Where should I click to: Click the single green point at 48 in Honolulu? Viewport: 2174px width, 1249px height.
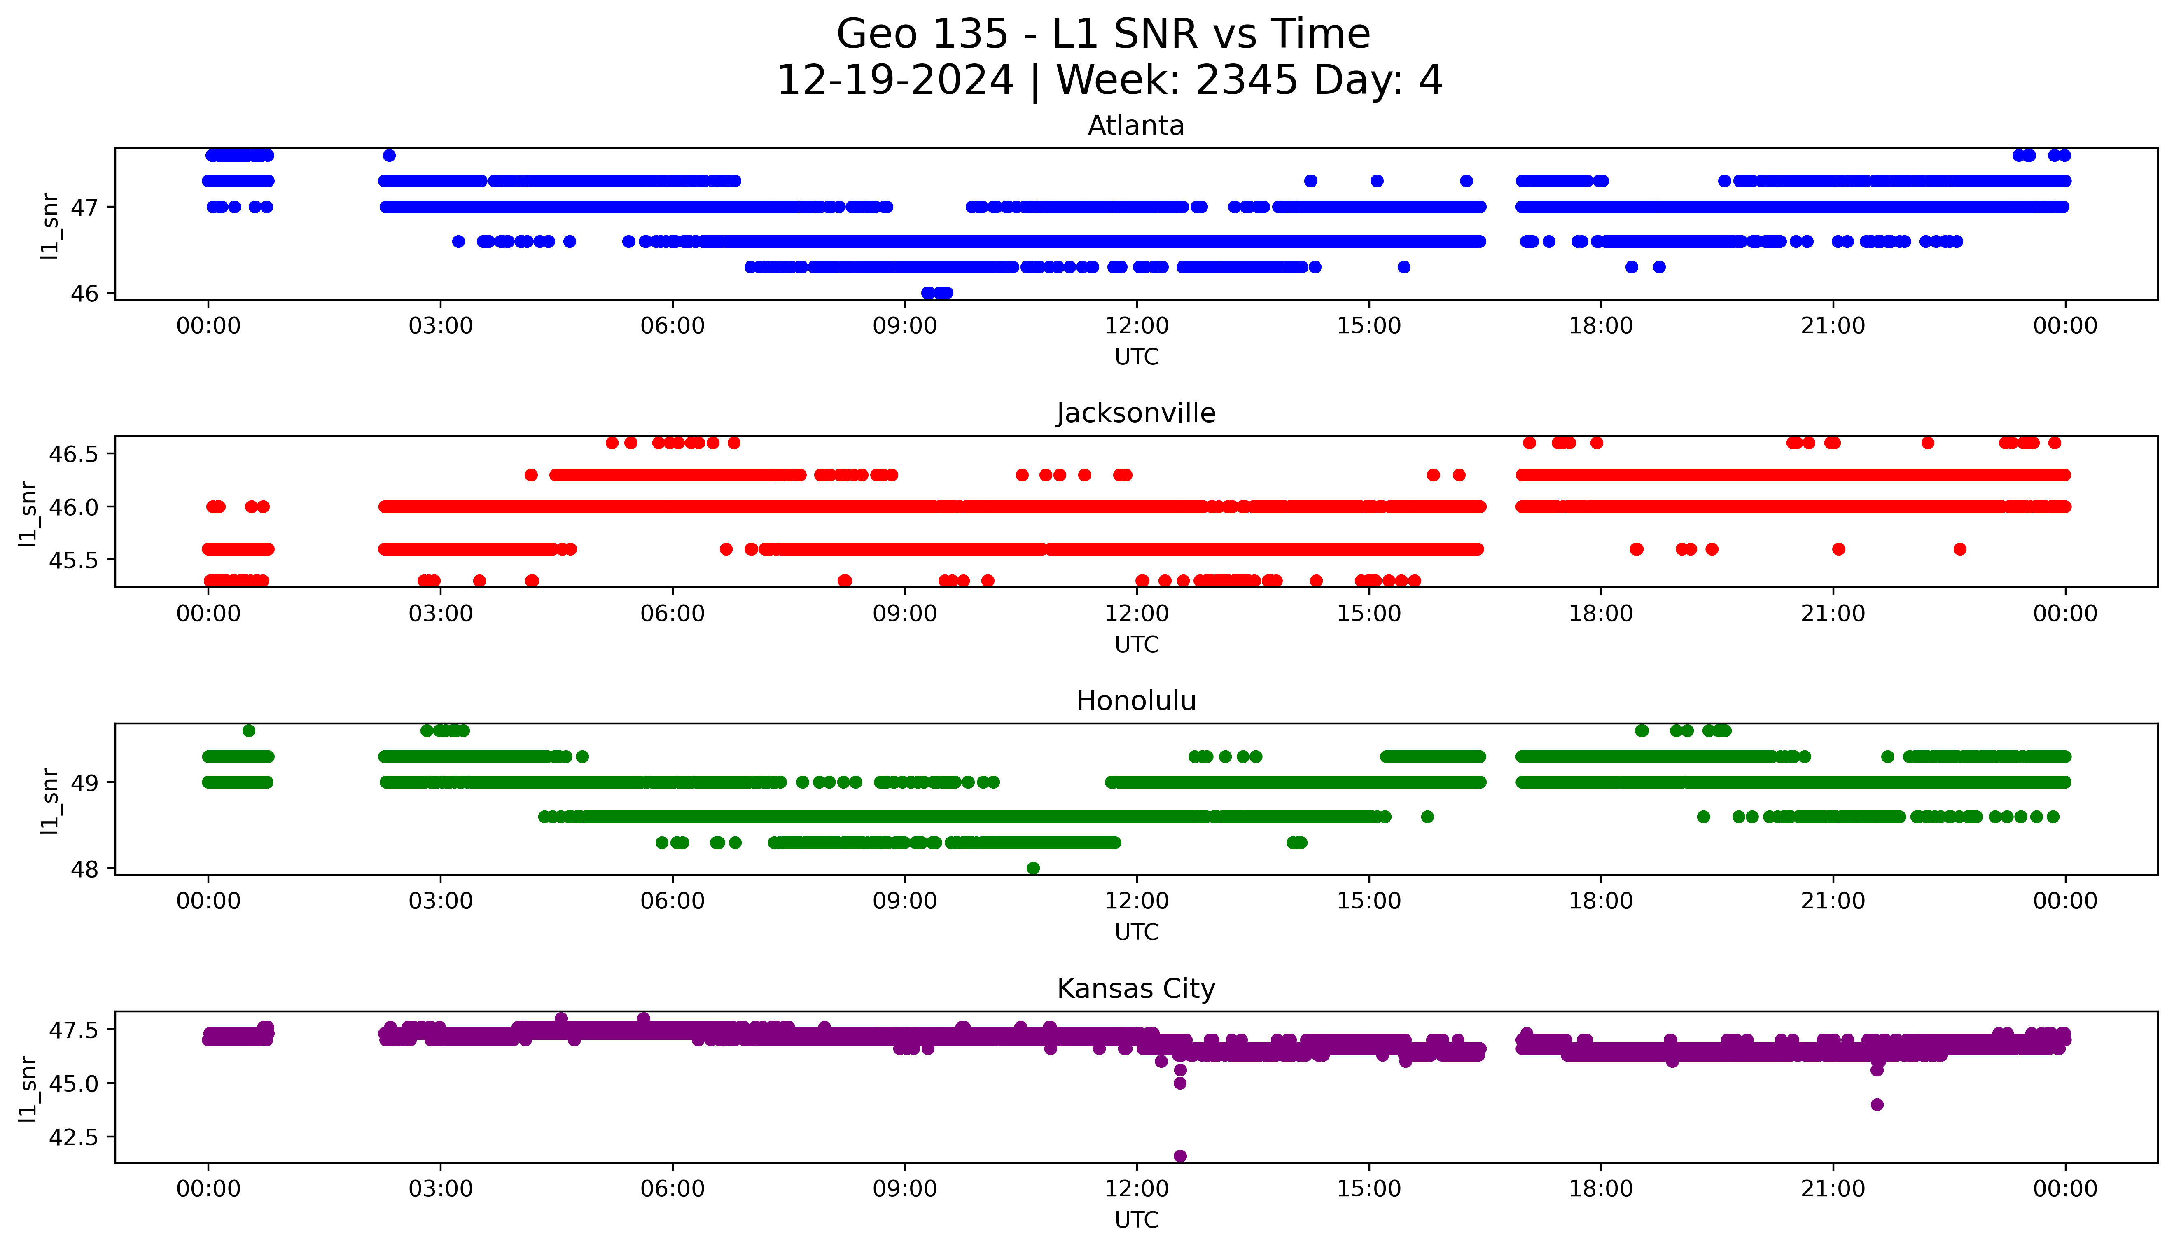pos(1033,868)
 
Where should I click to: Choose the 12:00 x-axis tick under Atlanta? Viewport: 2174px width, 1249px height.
pos(1136,326)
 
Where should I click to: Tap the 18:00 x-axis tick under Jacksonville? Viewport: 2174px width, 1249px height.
pos(1600,613)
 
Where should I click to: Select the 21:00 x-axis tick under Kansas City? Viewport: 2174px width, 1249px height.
pos(1833,1189)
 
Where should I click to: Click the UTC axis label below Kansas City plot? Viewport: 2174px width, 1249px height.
pos(1136,1219)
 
